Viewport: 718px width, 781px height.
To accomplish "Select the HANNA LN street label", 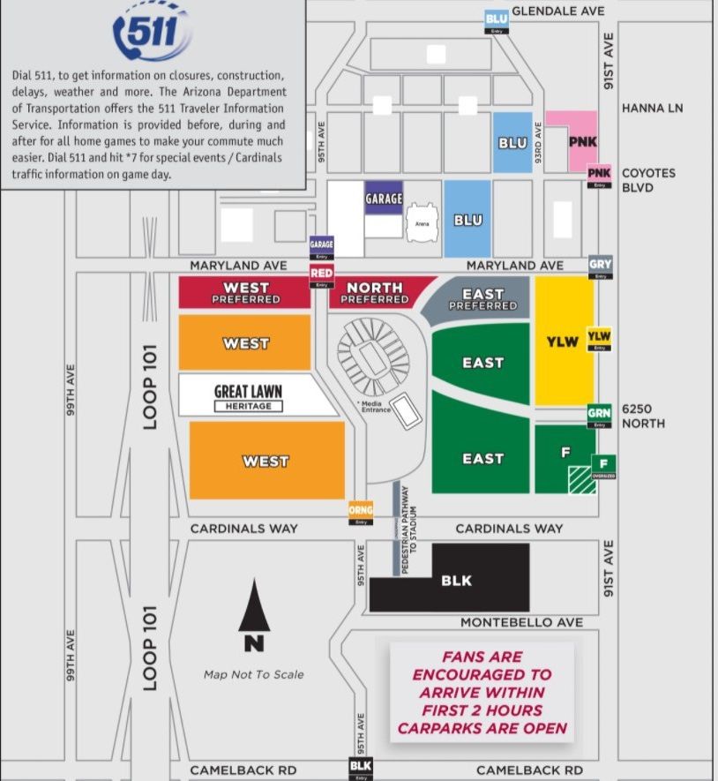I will [x=652, y=109].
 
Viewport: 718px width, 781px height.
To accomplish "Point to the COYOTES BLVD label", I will [x=648, y=180].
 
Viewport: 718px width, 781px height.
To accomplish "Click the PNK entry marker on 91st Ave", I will [x=600, y=176].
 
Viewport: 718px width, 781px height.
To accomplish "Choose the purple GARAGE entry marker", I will [x=322, y=247].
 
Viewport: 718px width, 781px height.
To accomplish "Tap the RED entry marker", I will [x=321, y=277].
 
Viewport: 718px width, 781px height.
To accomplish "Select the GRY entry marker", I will [x=601, y=267].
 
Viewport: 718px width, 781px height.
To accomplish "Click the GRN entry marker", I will [x=600, y=416].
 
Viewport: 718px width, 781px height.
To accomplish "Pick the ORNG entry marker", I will [x=360, y=513].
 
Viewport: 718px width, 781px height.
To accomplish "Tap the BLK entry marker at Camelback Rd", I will [x=360, y=768].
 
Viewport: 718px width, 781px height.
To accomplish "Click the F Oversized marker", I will [x=603, y=467].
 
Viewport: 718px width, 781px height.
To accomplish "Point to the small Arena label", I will [x=422, y=225].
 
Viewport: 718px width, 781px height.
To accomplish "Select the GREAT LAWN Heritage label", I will [x=249, y=397].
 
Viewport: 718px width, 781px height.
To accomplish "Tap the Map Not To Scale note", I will [x=253, y=674].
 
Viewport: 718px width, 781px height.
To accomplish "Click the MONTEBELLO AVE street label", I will [x=521, y=622].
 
